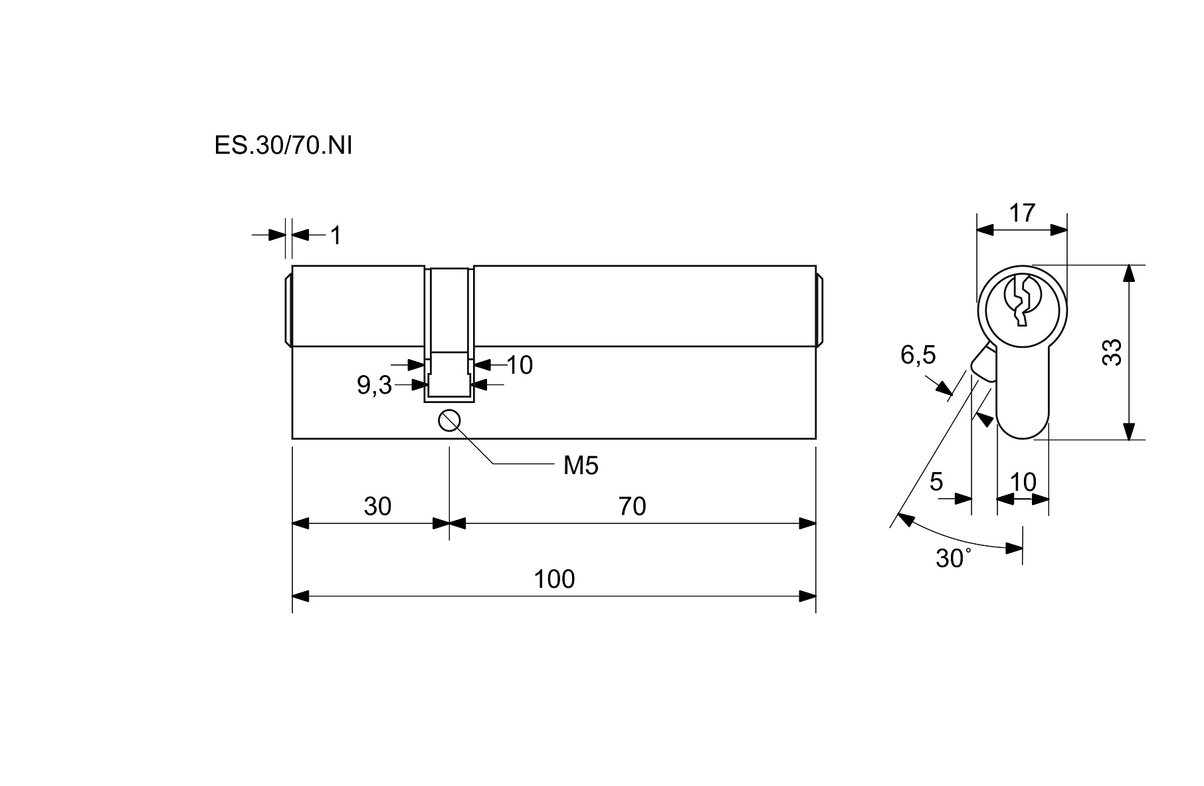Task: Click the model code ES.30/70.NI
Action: [283, 146]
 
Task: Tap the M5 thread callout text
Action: [581, 466]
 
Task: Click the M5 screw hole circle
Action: [450, 421]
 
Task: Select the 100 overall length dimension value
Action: [554, 579]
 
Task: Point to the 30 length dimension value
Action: [377, 507]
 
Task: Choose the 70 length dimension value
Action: [632, 507]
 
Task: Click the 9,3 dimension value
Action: [375, 385]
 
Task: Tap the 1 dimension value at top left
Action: [336, 235]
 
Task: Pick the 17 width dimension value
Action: [1022, 213]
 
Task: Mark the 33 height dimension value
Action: [1112, 352]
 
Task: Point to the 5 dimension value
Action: [936, 481]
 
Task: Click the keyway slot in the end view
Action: [1021, 301]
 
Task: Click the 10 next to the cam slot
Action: [520, 365]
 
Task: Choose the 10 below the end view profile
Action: [1023, 481]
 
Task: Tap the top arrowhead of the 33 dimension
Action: [1128, 272]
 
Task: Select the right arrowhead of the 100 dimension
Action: [808, 596]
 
